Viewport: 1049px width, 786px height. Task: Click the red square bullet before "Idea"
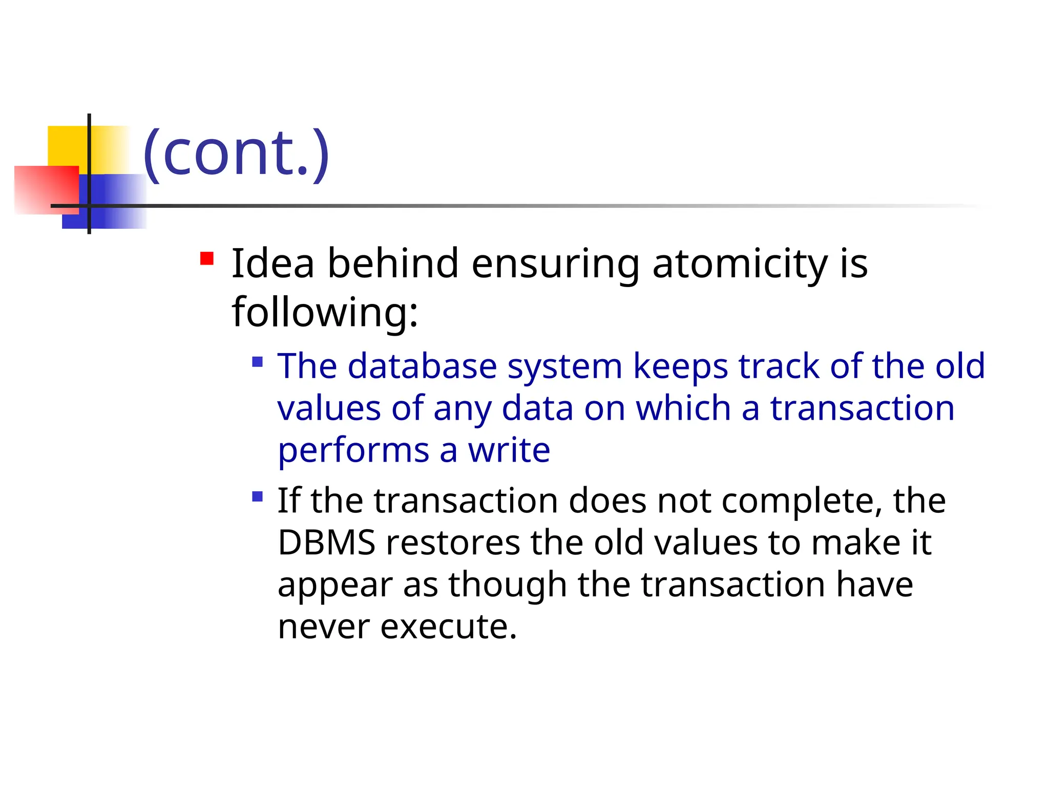(207, 258)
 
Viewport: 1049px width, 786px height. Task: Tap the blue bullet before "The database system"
(258, 363)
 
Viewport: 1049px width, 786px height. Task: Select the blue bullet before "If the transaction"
(258, 496)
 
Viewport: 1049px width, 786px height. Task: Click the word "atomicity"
(740, 264)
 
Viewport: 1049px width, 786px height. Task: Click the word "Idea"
(273, 264)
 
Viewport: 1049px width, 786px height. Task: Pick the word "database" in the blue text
(422, 366)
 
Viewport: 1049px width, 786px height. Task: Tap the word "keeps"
(680, 366)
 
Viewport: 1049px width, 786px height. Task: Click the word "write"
(509, 450)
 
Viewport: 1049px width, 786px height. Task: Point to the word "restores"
(453, 542)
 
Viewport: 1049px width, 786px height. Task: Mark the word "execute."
(449, 626)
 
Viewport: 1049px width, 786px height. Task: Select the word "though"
(507, 585)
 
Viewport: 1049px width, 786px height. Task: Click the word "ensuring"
(555, 264)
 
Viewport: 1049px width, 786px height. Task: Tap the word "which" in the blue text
(683, 408)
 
